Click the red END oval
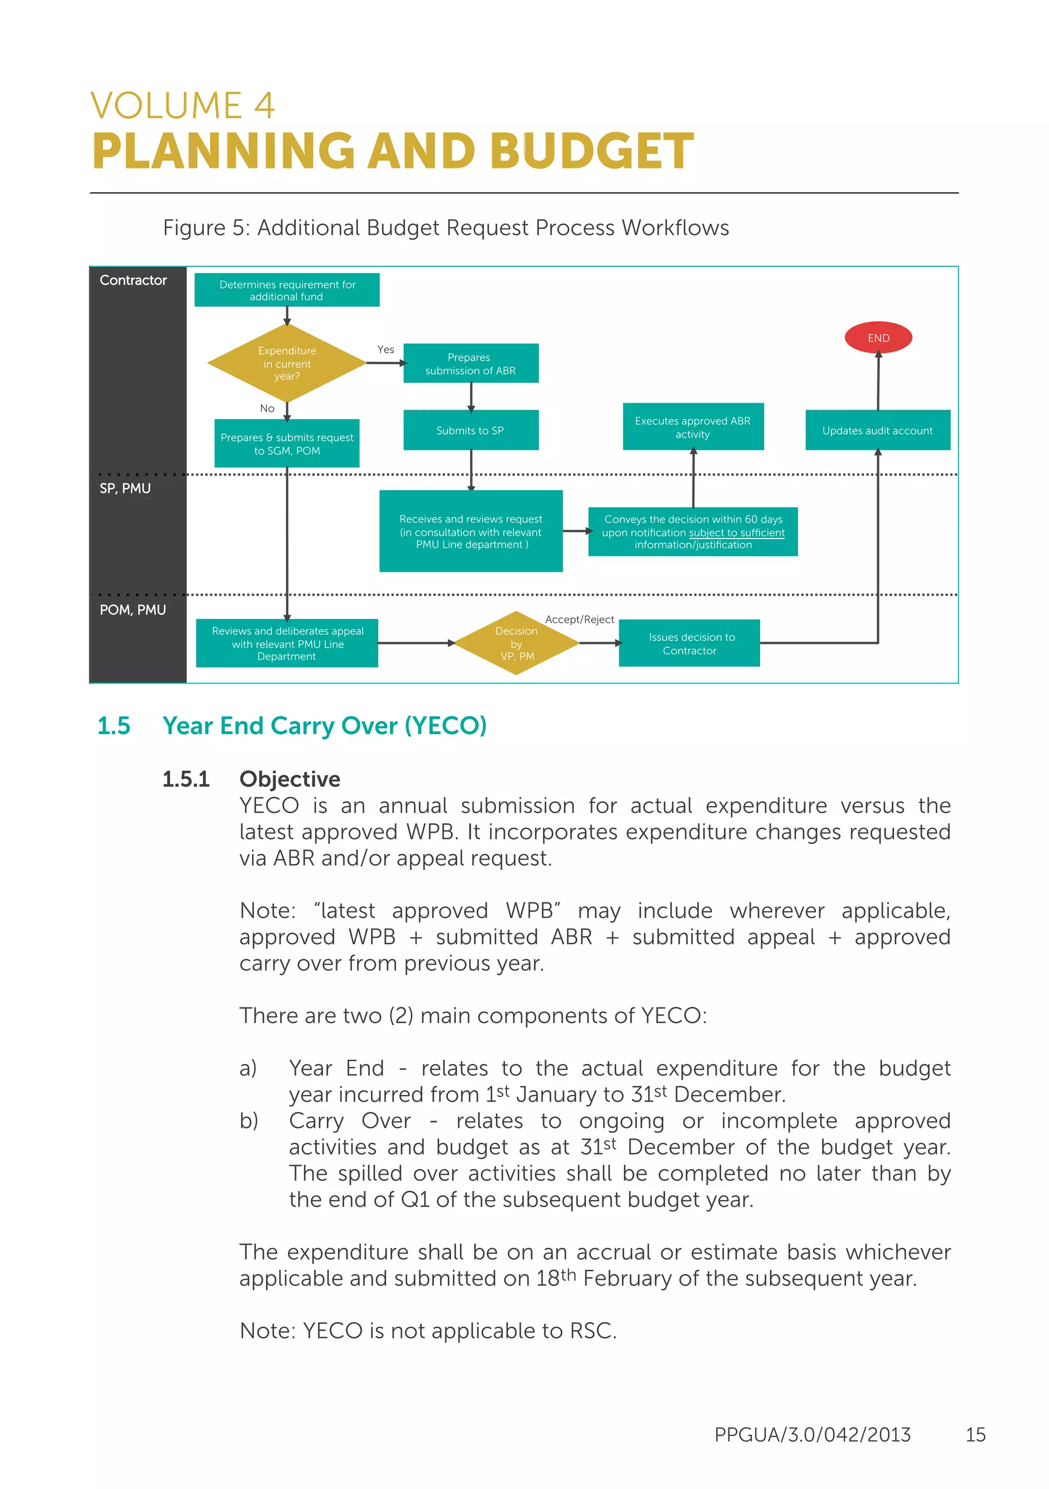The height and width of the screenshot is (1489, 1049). point(878,337)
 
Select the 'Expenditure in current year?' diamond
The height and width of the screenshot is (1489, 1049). point(286,363)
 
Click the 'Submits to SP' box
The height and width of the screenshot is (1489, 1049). point(471,430)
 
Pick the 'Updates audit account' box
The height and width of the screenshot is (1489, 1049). point(877,430)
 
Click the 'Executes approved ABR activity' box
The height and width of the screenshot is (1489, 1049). point(693,427)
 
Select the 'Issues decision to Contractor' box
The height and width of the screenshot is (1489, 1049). point(689,644)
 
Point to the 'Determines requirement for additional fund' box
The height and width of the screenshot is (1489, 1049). point(286,290)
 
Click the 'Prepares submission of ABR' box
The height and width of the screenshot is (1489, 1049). point(471,363)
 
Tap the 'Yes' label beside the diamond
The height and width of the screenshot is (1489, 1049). point(386,349)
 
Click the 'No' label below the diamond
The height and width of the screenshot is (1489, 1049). point(267,408)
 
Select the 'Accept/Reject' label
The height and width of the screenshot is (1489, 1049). point(579,619)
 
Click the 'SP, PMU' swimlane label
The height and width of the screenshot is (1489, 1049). point(125,488)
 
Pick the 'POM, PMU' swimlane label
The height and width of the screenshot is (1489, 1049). point(133,610)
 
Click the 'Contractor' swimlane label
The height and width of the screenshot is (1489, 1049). point(133,280)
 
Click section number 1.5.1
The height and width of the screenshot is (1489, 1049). point(185,779)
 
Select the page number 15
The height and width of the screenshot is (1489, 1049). point(975,1435)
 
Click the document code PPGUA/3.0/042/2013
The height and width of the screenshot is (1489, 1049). point(812,1435)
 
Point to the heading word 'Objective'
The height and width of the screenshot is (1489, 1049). point(289,779)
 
